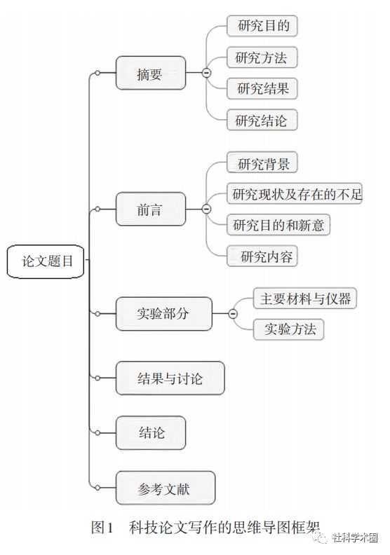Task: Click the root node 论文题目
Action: coord(46,261)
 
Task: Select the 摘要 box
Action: coord(151,73)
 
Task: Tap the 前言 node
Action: coord(151,209)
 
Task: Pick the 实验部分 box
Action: coord(164,314)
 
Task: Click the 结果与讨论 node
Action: coord(170,378)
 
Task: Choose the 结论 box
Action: coord(151,432)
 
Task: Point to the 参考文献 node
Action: coord(166,488)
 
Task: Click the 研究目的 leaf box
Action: coord(262,25)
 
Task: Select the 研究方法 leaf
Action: coord(262,57)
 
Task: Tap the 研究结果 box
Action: coord(262,88)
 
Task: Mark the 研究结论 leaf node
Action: coord(262,120)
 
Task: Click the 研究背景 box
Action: coord(262,163)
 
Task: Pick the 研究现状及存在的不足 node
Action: coord(295,193)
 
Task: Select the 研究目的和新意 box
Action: coord(278,224)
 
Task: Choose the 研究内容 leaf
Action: coord(262,256)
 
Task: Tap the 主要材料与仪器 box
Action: coord(305,298)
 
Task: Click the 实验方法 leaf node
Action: coord(288,329)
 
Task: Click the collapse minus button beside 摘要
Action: coord(206,73)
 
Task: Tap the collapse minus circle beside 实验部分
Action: coord(233,314)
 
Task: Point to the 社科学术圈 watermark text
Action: coord(355,537)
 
